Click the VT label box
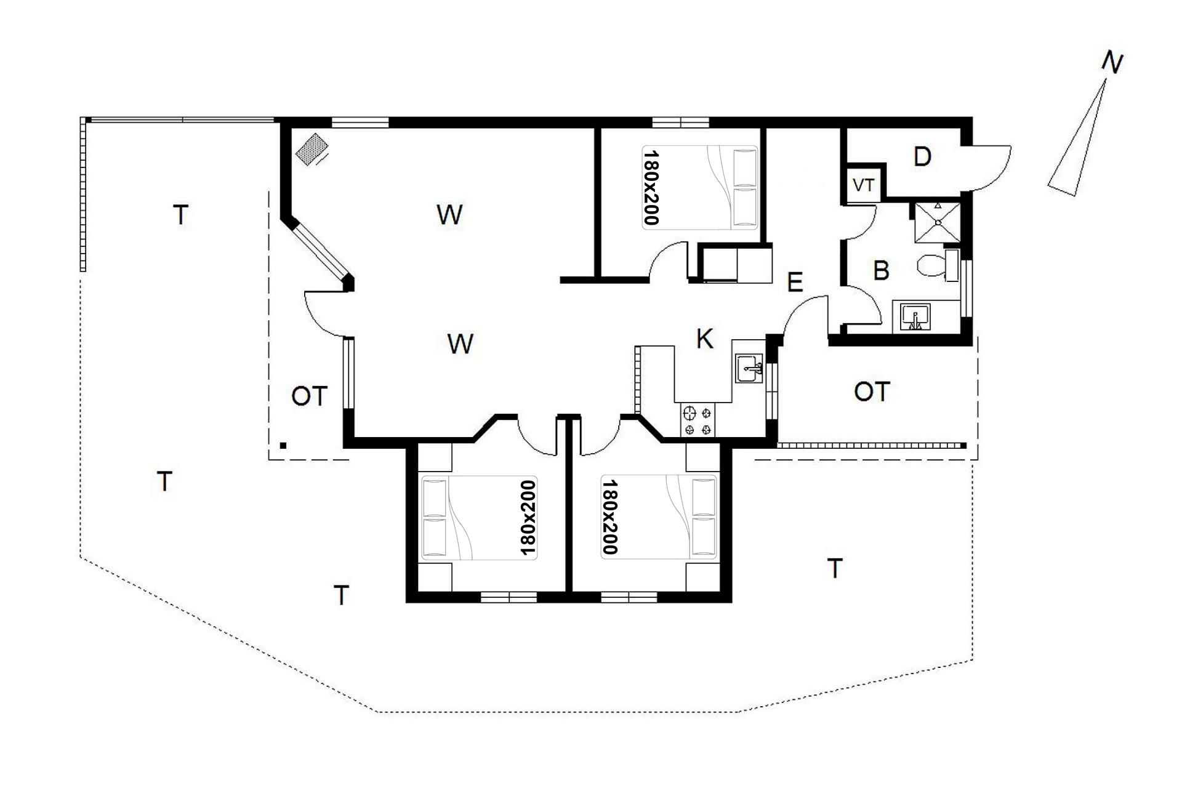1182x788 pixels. (x=864, y=185)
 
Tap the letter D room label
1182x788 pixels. (x=922, y=158)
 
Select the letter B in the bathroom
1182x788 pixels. (x=881, y=271)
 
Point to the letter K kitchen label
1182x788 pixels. (x=704, y=339)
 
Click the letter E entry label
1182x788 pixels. (x=795, y=283)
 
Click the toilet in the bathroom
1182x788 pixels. (x=937, y=265)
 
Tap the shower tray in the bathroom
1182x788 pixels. (x=937, y=222)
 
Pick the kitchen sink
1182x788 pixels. (x=749, y=369)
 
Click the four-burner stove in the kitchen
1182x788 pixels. (x=699, y=420)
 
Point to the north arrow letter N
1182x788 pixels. (x=1112, y=63)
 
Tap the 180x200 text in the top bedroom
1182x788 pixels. (x=651, y=187)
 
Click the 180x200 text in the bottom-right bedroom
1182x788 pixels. (x=609, y=517)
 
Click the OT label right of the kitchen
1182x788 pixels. (x=872, y=392)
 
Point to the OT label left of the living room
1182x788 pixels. (x=309, y=396)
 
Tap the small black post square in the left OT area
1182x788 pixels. (x=283, y=445)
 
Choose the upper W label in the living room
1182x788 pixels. (x=449, y=215)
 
